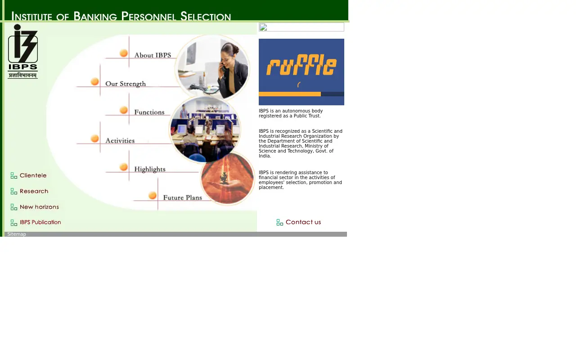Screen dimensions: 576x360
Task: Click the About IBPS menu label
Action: point(153,55)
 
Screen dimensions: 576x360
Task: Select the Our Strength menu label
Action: point(126,84)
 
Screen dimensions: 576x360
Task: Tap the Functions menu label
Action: point(149,112)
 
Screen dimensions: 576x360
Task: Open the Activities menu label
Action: point(120,141)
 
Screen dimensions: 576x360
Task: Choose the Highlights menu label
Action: point(150,169)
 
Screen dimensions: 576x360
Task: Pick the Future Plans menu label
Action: point(183,198)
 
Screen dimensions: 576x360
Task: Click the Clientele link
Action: point(33,175)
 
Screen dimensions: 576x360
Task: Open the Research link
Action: point(34,191)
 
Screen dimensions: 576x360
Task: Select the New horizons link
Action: point(39,207)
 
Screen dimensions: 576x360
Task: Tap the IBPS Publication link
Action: point(40,222)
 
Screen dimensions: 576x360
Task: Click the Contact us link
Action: point(303,222)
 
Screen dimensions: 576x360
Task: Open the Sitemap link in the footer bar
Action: point(17,234)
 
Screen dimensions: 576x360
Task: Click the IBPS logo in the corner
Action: point(22,51)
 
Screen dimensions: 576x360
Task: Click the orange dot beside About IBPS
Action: point(124,53)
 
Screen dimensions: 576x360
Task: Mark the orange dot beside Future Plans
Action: point(153,195)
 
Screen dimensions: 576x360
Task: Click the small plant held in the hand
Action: point(224,178)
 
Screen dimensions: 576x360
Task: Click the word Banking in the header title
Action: point(95,16)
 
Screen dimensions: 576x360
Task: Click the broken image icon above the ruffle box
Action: point(263,27)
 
